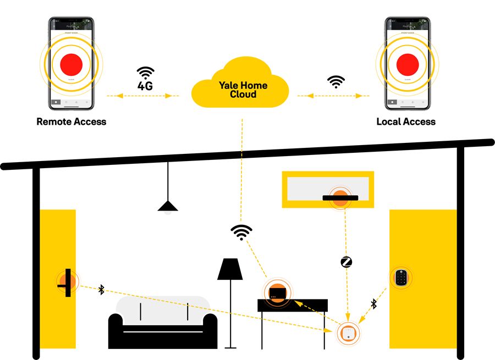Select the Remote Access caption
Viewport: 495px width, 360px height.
[71, 121]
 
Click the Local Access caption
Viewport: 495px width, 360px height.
[406, 121]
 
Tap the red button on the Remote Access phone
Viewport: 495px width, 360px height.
[71, 64]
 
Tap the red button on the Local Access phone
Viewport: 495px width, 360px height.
[408, 64]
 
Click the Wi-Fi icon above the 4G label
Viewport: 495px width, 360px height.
[146, 73]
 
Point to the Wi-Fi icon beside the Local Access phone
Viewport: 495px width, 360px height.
[335, 82]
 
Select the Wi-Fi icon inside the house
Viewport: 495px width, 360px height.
[240, 232]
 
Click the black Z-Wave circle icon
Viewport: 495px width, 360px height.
[346, 262]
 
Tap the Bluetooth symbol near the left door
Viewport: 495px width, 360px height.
[101, 289]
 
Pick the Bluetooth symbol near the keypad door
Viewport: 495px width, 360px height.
[373, 303]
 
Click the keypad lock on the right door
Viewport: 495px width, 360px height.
[402, 278]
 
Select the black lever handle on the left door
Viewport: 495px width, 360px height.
[67, 282]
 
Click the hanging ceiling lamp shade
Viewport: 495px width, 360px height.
[168, 206]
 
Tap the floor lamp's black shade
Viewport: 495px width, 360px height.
[230, 269]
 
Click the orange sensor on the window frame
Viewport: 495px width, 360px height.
[340, 198]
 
